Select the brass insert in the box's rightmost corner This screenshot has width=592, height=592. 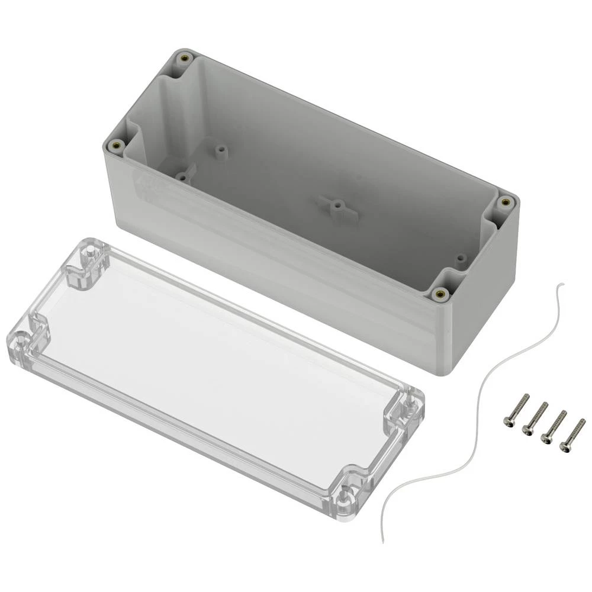(505, 202)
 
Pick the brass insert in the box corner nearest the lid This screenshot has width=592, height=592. (439, 293)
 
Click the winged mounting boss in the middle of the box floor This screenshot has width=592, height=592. (336, 207)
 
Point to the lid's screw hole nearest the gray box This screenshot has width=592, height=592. (89, 253)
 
